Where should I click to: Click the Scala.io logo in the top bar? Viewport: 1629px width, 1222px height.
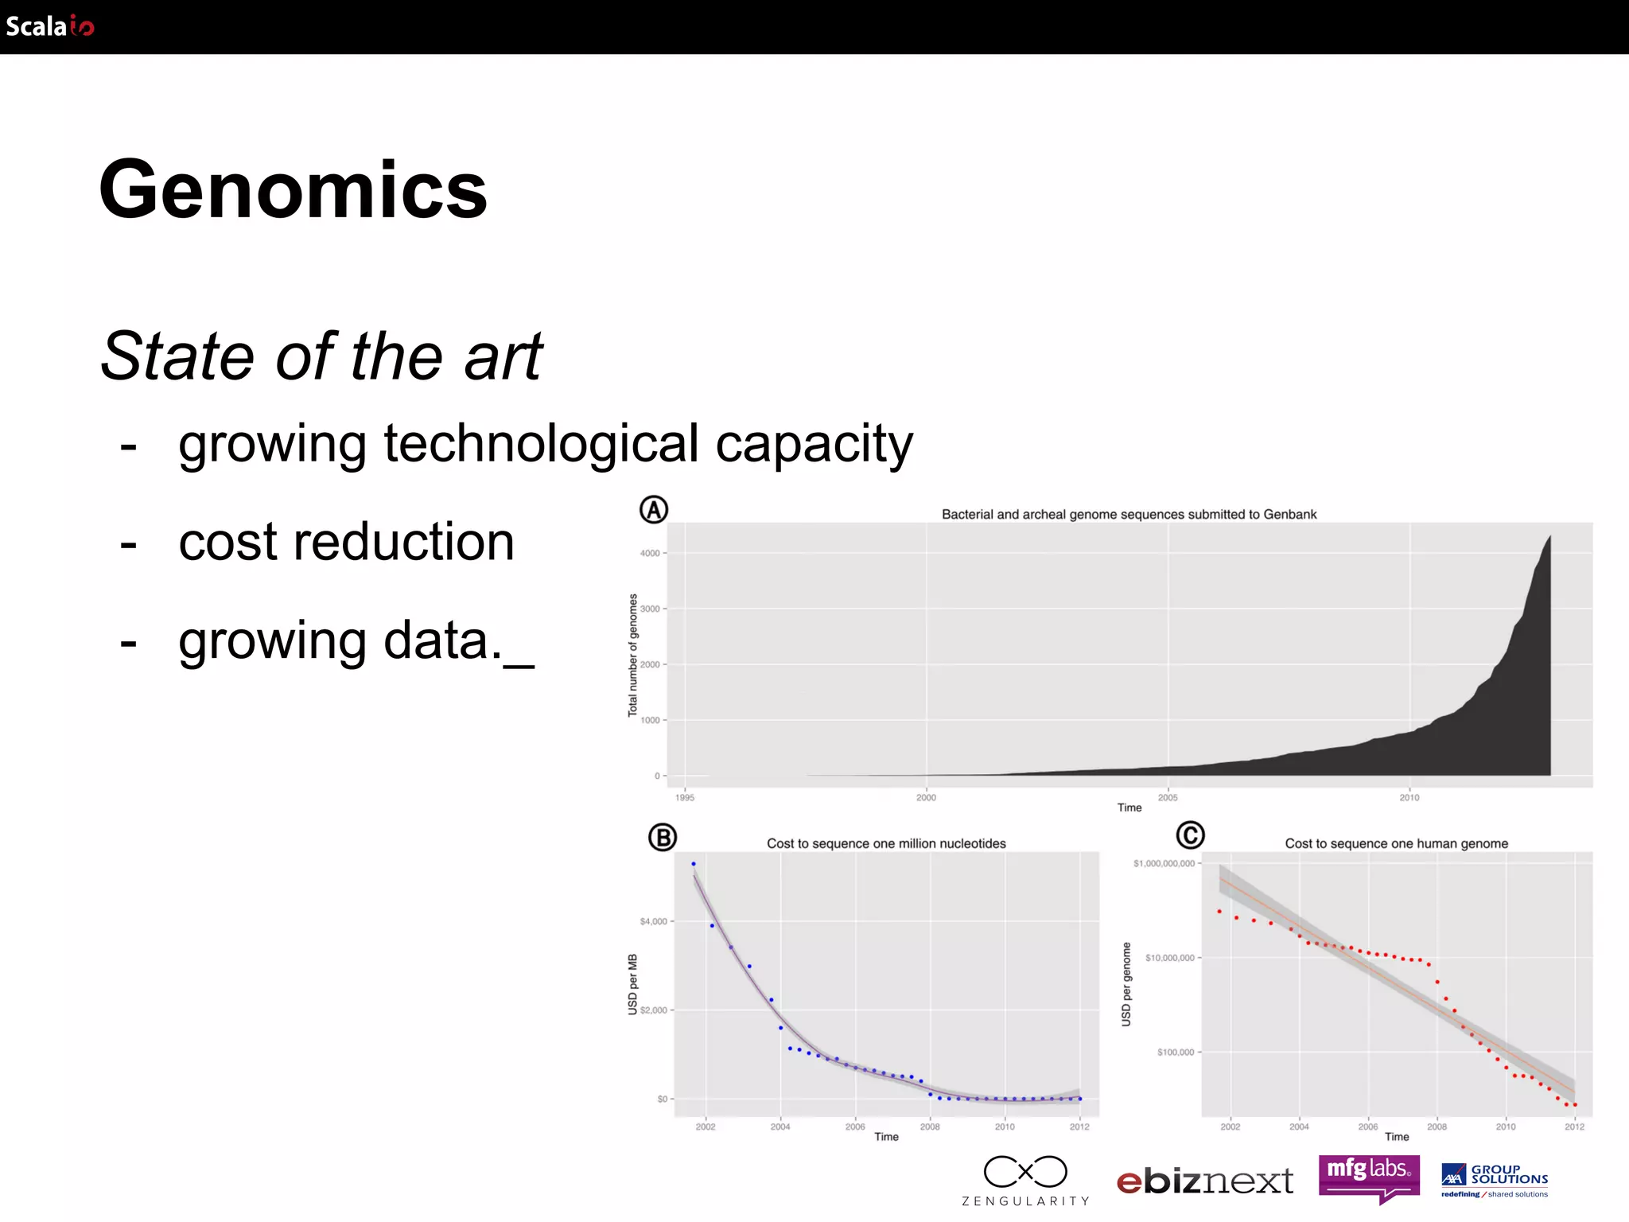coord(50,26)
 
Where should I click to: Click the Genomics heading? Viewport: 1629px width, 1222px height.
coord(293,189)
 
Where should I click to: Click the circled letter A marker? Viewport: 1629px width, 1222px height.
coord(654,510)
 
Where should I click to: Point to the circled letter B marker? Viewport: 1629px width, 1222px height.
coord(662,837)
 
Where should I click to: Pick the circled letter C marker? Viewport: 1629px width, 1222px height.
coord(1190,835)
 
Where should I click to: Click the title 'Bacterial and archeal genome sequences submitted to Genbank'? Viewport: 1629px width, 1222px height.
coord(1129,515)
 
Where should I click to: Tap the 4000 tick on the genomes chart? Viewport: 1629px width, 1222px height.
coord(650,553)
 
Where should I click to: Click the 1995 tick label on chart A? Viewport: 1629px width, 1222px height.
coord(685,797)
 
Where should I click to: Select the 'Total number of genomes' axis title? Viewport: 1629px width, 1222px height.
coord(633,655)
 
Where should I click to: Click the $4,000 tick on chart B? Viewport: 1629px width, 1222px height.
coord(654,921)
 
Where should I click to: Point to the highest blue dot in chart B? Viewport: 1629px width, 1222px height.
coord(694,863)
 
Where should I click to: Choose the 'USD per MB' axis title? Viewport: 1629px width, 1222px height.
coord(633,984)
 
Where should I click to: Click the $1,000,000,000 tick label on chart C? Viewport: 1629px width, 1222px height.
coord(1164,863)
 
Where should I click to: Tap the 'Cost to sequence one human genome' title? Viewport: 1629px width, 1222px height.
coord(1396,843)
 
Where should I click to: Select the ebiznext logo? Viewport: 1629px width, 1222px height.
coord(1204,1181)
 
